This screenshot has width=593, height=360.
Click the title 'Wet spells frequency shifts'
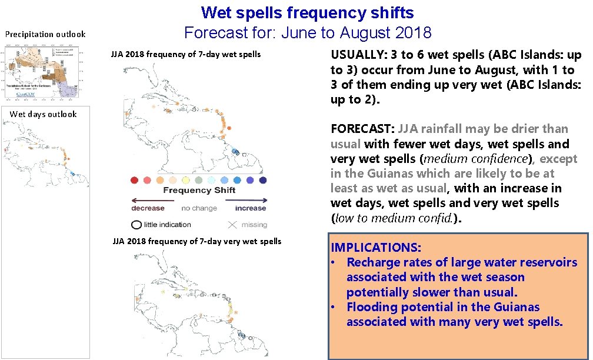(307, 12)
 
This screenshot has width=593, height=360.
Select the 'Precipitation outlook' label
(45, 34)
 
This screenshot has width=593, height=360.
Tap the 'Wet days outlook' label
(44, 114)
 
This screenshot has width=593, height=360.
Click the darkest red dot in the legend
(135, 180)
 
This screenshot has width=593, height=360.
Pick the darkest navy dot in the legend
(263, 180)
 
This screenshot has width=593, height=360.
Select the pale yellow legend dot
(186, 180)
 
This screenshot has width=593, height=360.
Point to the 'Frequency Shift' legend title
(199, 190)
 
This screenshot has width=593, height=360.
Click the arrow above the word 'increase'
(250, 199)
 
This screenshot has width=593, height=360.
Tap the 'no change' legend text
(199, 208)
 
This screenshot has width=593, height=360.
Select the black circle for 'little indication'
(136, 224)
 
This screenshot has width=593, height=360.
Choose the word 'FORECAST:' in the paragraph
(362, 129)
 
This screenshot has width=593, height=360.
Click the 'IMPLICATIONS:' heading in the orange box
(375, 248)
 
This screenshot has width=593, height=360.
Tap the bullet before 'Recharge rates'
(334, 262)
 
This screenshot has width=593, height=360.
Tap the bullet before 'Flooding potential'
(334, 307)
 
